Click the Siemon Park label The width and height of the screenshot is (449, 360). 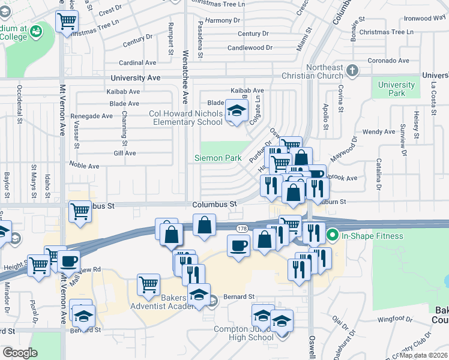tap(217, 158)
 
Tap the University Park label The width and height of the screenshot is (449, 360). tap(396, 89)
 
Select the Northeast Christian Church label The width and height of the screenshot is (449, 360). tap(332, 71)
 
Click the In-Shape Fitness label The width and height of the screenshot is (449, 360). tap(372, 236)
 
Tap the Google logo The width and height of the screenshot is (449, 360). tap(19, 353)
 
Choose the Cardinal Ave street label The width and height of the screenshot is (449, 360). tap(138, 62)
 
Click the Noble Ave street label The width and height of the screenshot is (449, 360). tap(84, 166)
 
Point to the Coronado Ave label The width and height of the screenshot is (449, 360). tap(388, 61)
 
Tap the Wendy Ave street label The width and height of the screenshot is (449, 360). tap(379, 131)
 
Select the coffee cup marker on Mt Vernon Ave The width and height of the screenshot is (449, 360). tap(70, 261)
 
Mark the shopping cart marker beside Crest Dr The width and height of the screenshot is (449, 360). tap(67, 21)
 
